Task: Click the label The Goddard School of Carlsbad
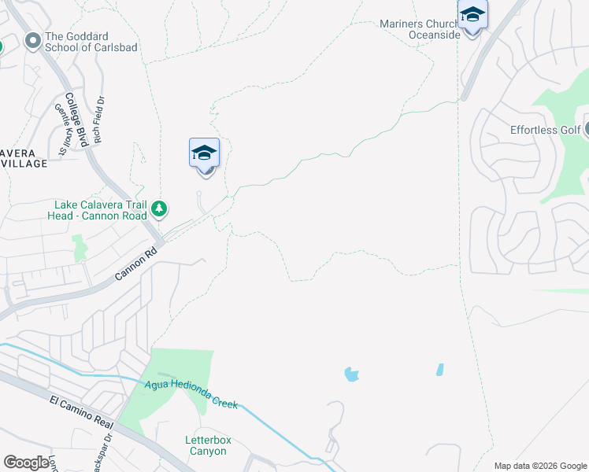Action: (x=91, y=42)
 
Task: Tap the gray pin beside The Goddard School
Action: (x=33, y=41)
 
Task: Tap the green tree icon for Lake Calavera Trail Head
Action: (x=160, y=208)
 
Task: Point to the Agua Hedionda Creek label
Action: (x=191, y=393)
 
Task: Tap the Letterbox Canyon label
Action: (x=206, y=445)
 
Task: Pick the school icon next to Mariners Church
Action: (x=472, y=16)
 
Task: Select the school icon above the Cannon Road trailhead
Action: (x=204, y=153)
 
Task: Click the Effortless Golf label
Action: (x=545, y=130)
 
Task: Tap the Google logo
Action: (x=27, y=463)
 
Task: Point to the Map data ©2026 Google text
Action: (x=539, y=466)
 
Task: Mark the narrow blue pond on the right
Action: (x=439, y=369)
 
